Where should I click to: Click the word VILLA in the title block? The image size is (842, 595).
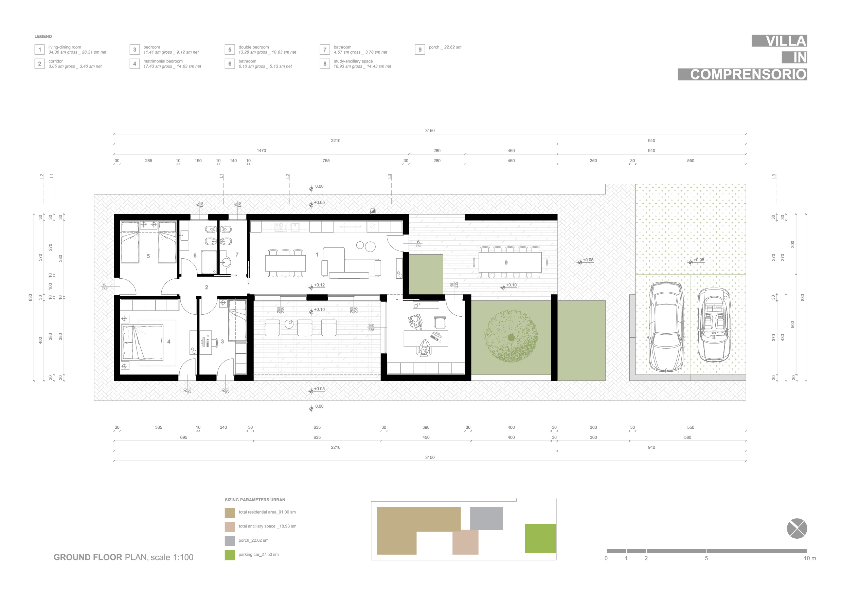coord(786,41)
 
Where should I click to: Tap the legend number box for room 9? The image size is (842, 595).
coord(420,50)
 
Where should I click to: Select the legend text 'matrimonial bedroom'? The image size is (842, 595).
coord(163,61)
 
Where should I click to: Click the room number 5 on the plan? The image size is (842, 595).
coord(148,256)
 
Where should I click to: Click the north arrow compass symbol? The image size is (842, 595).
coord(797,529)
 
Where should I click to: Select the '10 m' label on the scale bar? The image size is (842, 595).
coord(810,558)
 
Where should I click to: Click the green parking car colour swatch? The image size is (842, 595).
coord(230,555)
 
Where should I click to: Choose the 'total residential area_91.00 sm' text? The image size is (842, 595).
coord(267,512)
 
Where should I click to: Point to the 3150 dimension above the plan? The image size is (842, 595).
coord(430,130)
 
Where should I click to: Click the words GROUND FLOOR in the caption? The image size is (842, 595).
coord(88,557)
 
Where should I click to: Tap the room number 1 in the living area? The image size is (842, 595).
coord(317,255)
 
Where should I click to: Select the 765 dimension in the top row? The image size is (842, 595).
coord(326,161)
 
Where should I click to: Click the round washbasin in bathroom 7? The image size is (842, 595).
coord(227,262)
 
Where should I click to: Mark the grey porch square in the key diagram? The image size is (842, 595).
coord(486,518)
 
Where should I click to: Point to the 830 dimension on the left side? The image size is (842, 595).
coord(31,297)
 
